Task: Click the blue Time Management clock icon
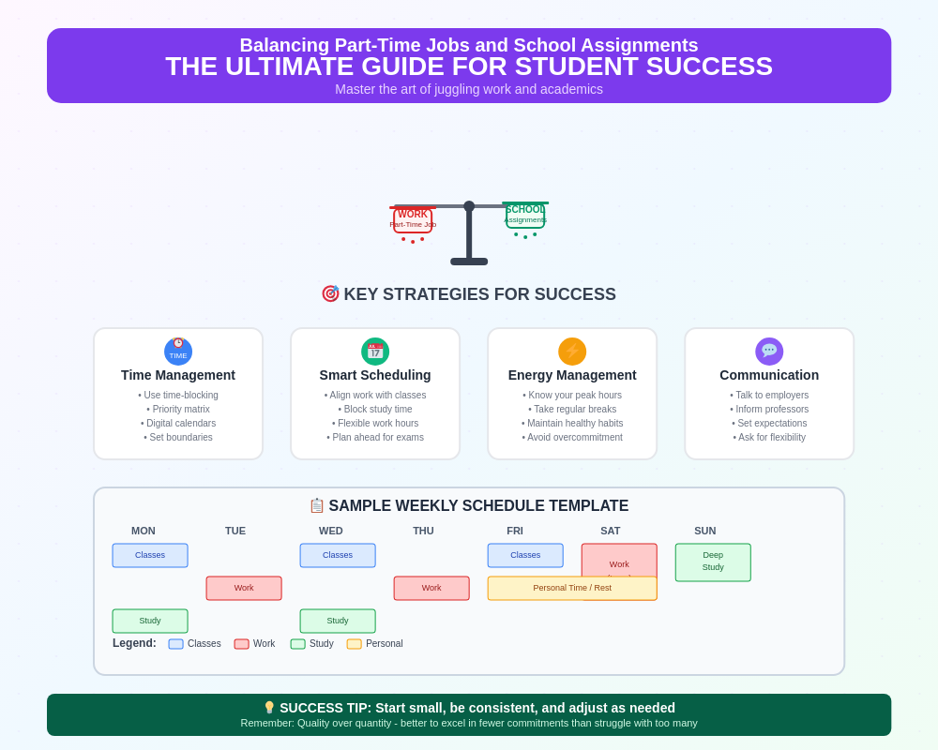pos(178,352)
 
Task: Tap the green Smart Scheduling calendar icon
pos(375,352)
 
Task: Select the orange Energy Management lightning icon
pos(572,352)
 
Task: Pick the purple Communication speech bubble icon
pos(769,352)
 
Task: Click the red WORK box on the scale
pos(413,219)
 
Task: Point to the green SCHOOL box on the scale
pos(525,216)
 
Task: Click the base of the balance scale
pos(469,262)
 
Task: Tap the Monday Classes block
pos(150,555)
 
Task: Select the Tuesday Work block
pos(244,588)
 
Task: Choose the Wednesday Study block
pos(338,621)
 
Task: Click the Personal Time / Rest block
pos(572,588)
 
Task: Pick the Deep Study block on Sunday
pos(713,562)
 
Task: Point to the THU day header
pos(423,531)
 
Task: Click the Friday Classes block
pos(525,555)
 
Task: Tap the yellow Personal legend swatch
pos(355,644)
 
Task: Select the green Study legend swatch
pos(298,644)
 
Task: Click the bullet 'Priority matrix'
pos(178,409)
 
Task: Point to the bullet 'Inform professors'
pos(769,409)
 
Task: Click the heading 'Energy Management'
pos(572,375)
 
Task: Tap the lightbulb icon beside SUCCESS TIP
pos(269,708)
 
